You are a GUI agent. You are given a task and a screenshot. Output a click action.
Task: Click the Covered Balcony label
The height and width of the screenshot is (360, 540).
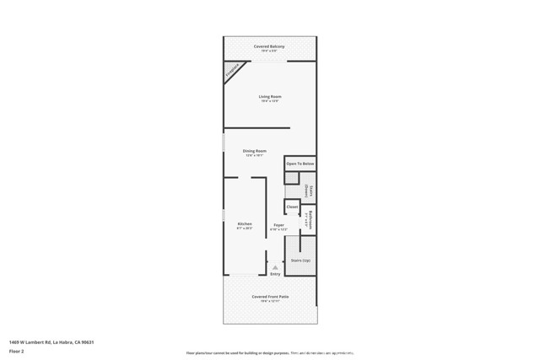(x=269, y=46)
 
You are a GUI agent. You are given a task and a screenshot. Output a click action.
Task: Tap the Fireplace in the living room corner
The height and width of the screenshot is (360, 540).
(x=231, y=73)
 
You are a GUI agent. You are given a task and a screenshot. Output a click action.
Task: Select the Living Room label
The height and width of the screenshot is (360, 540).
(x=270, y=96)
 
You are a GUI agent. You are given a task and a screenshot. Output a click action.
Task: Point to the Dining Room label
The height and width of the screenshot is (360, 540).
(x=255, y=150)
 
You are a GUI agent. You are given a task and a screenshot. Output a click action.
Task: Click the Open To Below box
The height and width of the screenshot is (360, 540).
(x=300, y=163)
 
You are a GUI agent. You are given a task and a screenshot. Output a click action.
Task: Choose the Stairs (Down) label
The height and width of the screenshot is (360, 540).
(x=310, y=191)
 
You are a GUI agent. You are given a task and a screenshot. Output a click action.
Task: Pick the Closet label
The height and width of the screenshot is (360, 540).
(x=292, y=206)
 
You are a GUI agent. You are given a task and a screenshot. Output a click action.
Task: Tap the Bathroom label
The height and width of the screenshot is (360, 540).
(x=310, y=220)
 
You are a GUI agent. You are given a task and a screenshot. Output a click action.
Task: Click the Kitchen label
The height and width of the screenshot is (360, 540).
(x=244, y=223)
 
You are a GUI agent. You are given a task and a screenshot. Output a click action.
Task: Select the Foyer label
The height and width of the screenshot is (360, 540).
(x=278, y=223)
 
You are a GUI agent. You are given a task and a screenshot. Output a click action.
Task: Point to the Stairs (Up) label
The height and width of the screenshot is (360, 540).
(x=300, y=261)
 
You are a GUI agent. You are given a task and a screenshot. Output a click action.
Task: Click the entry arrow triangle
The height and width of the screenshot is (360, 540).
(x=275, y=266)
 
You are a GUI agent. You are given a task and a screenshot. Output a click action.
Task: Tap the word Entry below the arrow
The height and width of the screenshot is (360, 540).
(x=275, y=273)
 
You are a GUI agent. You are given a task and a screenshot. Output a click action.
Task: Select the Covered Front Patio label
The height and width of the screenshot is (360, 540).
(x=270, y=297)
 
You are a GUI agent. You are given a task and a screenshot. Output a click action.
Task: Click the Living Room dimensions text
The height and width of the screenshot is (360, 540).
(x=270, y=101)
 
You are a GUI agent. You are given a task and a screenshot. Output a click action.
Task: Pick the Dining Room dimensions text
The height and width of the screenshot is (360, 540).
(x=255, y=155)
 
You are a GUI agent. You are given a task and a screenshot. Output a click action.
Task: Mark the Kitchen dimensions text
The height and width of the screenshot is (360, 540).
(x=244, y=228)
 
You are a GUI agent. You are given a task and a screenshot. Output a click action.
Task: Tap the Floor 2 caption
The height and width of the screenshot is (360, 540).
(x=16, y=352)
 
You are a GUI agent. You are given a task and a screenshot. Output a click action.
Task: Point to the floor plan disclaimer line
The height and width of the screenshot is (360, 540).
(x=270, y=352)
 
